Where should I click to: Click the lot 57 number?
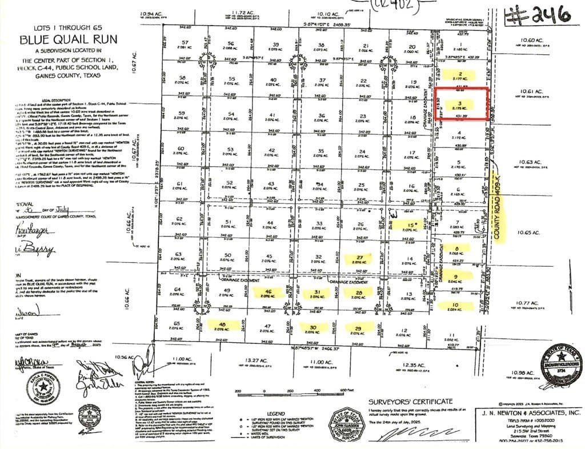(x=184, y=43)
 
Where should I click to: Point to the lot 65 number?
(x=177, y=324)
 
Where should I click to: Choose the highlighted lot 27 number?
(x=359, y=257)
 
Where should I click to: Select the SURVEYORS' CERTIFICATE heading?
(x=410, y=402)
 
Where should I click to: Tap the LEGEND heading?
(x=275, y=413)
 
